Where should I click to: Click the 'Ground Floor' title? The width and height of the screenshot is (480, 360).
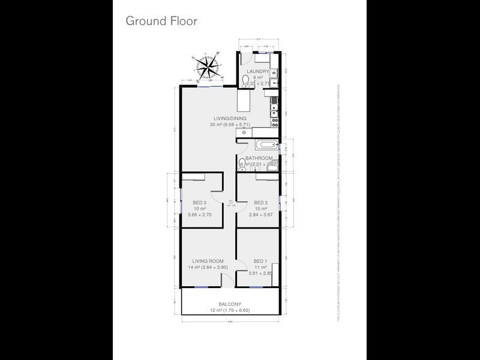pyautogui.click(x=161, y=20)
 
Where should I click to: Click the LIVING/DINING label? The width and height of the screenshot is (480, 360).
pyautogui.click(x=228, y=118)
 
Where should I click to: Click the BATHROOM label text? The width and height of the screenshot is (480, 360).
pyautogui.click(x=259, y=158)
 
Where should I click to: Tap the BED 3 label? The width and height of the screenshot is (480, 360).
pyautogui.click(x=200, y=202)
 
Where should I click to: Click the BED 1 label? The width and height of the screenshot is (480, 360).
pyautogui.click(x=260, y=261)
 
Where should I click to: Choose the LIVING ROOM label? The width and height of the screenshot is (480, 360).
pyautogui.click(x=208, y=261)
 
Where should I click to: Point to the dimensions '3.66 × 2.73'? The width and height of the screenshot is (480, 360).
pyautogui.click(x=200, y=214)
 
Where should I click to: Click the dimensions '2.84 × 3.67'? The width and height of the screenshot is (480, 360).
pyautogui.click(x=260, y=214)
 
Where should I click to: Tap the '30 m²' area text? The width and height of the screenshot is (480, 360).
pyautogui.click(x=216, y=125)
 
